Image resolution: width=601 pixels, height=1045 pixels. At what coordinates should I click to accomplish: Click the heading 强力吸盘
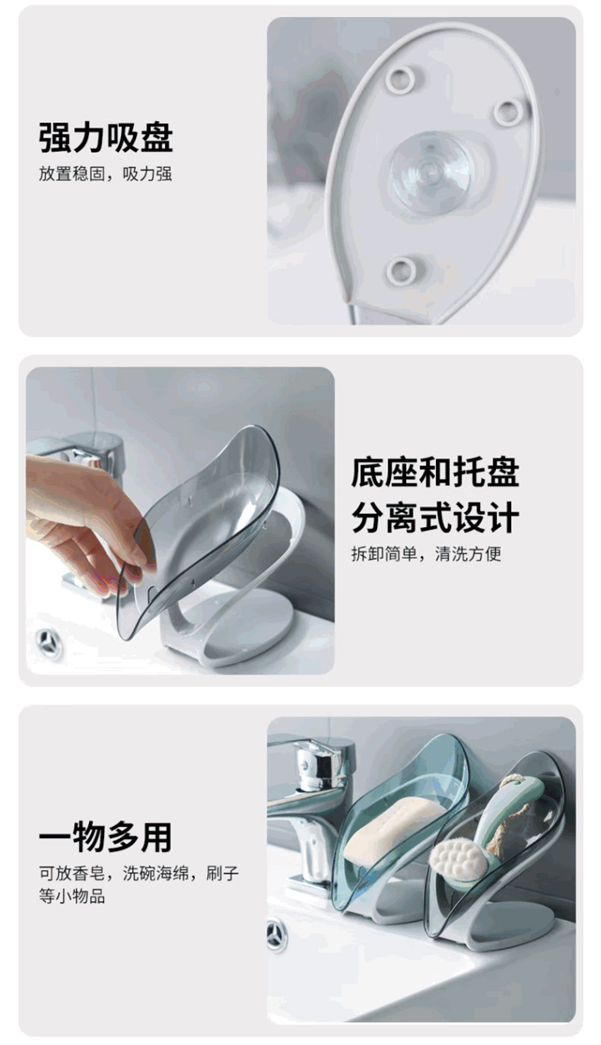point(106,138)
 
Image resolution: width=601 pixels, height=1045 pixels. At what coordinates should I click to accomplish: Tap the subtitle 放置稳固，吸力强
point(106,174)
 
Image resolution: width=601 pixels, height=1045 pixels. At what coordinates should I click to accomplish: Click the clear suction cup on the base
point(430,173)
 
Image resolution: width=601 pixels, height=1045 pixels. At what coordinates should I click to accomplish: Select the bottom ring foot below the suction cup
point(401,271)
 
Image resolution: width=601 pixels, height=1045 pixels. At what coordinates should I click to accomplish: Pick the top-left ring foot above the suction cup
point(400,78)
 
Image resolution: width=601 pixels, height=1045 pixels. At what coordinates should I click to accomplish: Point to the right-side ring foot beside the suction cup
point(509,112)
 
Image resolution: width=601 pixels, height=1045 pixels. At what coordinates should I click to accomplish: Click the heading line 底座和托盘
point(435,472)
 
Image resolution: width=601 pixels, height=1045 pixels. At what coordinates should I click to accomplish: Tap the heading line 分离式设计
point(435,517)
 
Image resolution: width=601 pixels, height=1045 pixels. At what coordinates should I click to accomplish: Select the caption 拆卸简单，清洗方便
point(427,554)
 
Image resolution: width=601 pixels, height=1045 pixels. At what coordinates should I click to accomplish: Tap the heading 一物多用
point(106,837)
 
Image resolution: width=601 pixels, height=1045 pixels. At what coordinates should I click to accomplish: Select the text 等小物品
point(72,896)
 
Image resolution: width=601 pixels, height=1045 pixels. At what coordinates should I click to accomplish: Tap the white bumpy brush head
point(458,861)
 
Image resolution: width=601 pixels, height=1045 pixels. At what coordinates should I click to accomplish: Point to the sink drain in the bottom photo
point(277,935)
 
